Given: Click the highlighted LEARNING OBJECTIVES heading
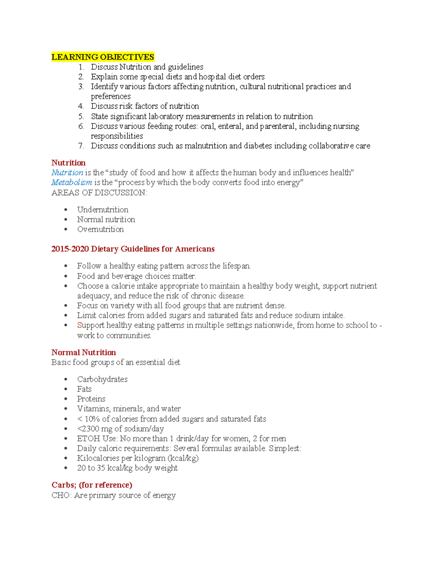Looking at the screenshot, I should (103, 57).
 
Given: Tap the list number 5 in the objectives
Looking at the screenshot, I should (81, 116).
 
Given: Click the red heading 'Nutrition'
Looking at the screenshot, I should (68, 163).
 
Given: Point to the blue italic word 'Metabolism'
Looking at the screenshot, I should (72, 183).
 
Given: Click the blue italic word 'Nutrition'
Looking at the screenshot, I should (67, 173).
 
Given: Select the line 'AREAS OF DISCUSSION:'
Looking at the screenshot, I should (99, 193).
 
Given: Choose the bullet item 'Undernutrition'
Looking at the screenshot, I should (103, 210).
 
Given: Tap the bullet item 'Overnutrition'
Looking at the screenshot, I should (100, 230).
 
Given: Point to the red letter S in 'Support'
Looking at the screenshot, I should (79, 325).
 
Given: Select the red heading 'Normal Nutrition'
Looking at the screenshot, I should (84, 353).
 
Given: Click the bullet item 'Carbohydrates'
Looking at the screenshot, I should (102, 379).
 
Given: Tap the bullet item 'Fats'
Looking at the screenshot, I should (84, 389).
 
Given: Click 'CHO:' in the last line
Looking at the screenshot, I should (61, 495).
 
